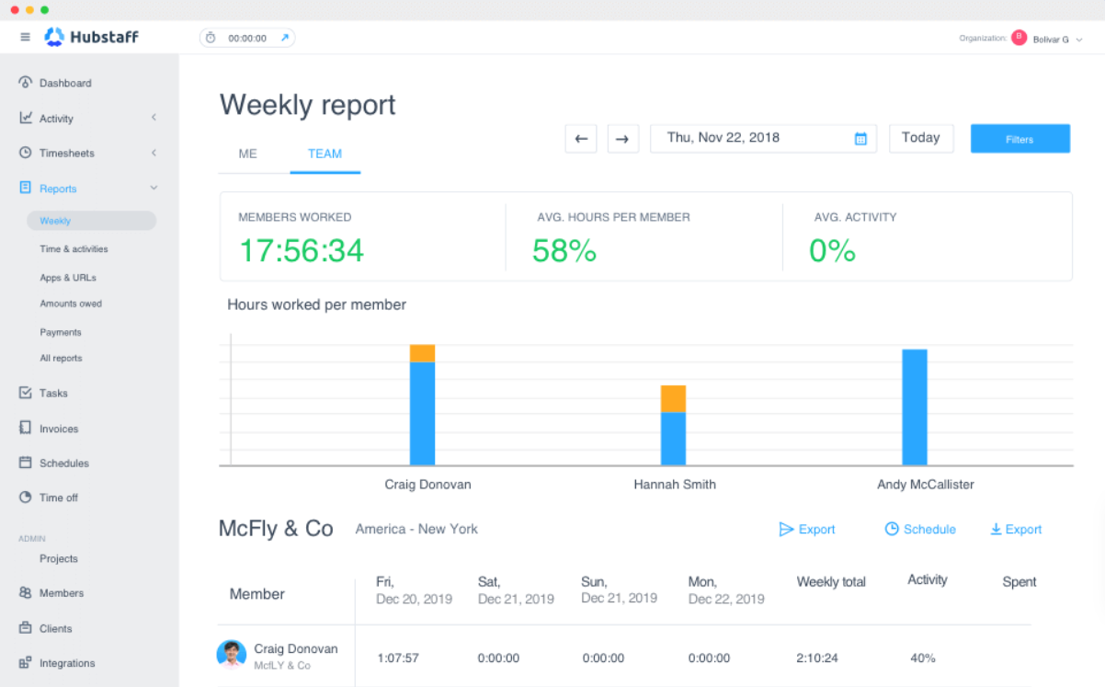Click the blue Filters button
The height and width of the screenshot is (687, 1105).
(1020, 139)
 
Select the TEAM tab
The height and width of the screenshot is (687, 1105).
(325, 154)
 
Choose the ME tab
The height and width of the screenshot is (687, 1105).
(247, 154)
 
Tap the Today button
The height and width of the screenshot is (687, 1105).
(921, 138)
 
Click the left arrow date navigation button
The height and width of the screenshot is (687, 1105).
(581, 139)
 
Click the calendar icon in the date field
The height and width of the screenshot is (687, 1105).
(860, 139)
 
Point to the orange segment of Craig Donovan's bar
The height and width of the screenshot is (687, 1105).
(422, 353)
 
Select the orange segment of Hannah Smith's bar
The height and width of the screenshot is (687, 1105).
(673, 399)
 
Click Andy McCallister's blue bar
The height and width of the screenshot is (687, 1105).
(915, 407)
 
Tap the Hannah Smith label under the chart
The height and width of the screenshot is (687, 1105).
(675, 484)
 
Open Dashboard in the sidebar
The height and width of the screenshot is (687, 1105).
(65, 83)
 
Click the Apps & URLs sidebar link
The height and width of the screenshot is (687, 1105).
(68, 278)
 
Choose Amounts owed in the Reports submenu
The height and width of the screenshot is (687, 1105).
(71, 303)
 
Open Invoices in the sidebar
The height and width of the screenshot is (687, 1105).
(59, 429)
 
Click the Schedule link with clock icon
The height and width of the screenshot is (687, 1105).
(920, 529)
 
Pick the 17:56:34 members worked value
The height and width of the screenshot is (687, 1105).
(302, 250)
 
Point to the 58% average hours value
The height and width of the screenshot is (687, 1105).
(564, 250)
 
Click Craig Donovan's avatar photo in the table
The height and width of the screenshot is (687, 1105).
(232, 655)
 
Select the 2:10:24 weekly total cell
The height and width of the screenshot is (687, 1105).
(817, 658)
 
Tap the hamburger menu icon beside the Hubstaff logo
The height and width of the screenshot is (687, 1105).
(25, 37)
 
